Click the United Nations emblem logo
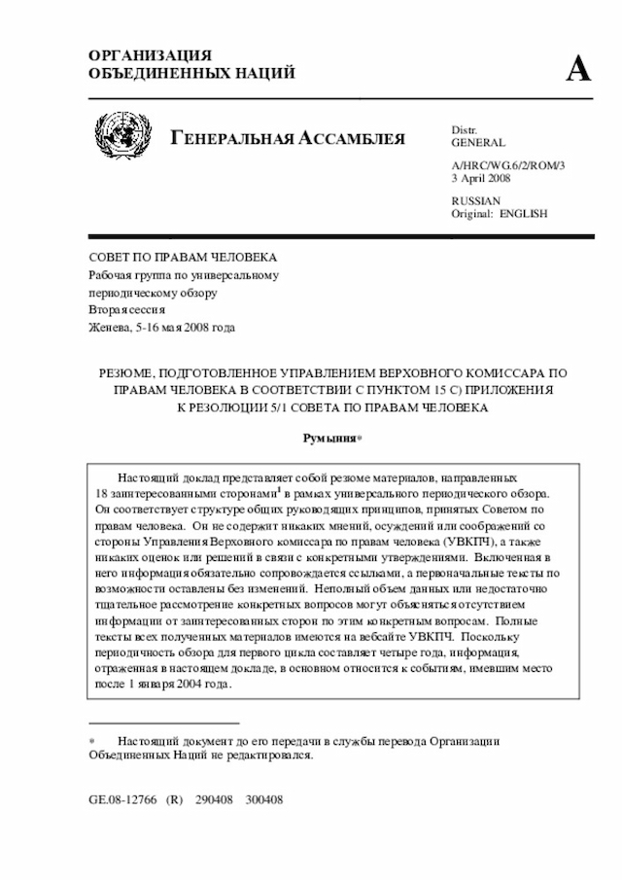[122, 134]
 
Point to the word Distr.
[464, 129]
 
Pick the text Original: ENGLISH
[499, 213]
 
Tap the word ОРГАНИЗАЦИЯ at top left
[150, 55]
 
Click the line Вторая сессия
[127, 310]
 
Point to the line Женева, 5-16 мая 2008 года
[161, 328]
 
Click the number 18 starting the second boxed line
[102, 494]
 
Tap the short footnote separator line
[163, 723]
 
